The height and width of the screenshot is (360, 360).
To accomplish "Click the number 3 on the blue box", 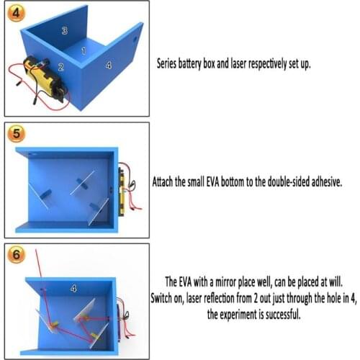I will [x=65, y=30].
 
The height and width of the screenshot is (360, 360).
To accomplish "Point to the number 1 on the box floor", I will [x=84, y=51].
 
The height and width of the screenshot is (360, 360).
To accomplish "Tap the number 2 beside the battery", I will [x=61, y=67].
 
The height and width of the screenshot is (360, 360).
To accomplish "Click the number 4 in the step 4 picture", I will [x=109, y=66].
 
